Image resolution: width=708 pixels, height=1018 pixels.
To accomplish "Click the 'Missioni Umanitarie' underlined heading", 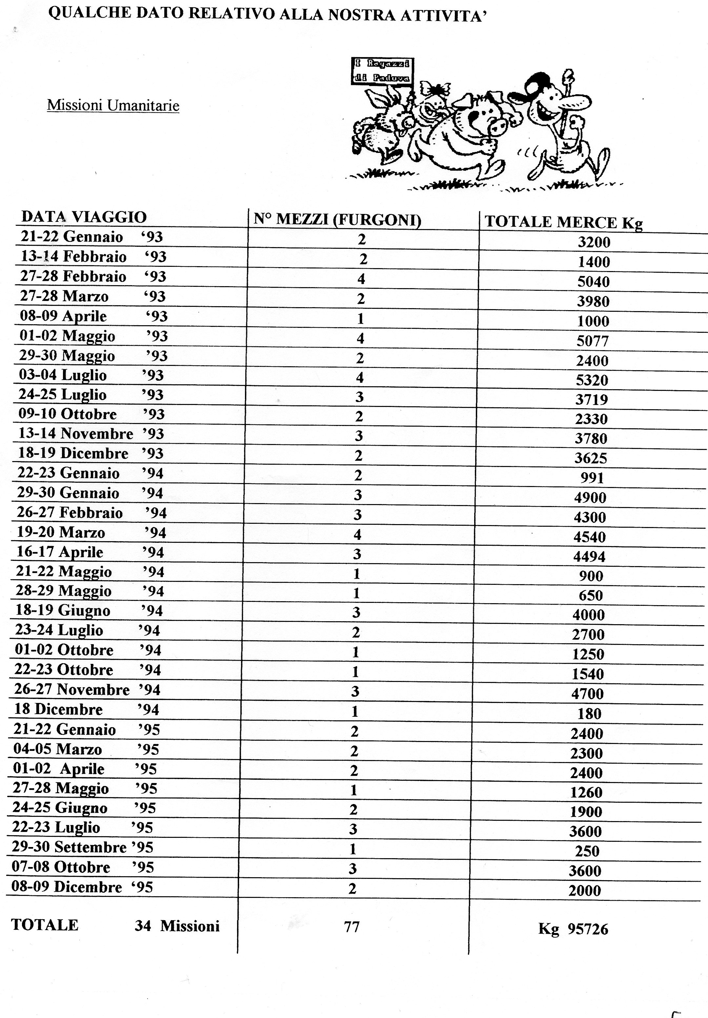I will [x=113, y=106].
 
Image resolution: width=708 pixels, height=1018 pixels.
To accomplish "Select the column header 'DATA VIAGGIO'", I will [x=84, y=217].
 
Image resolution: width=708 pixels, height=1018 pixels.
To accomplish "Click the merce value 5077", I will [x=593, y=341].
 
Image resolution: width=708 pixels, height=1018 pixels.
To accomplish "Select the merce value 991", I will [x=592, y=477].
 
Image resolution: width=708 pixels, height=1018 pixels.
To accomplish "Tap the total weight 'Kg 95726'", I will [x=573, y=928].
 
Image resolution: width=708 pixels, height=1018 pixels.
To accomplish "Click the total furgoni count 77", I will [x=352, y=926].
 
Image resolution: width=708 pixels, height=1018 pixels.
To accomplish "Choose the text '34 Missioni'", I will [x=177, y=926].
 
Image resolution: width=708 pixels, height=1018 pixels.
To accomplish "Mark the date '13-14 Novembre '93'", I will [x=91, y=433].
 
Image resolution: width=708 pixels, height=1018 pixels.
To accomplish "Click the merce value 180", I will [x=589, y=713].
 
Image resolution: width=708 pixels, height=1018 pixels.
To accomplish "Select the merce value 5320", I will [x=592, y=380].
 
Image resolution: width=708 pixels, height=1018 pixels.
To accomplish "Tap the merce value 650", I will [x=591, y=595].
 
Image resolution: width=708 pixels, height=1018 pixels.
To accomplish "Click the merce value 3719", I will [x=592, y=399].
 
